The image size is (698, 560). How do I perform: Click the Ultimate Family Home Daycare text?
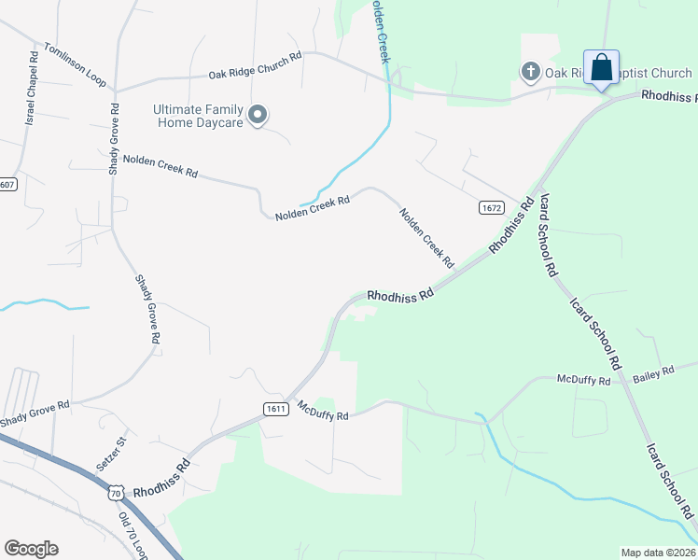point(198,116)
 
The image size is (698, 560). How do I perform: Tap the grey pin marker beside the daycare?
point(258,115)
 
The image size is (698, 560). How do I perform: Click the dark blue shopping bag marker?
point(602,68)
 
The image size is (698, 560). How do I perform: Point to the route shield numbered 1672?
point(492,206)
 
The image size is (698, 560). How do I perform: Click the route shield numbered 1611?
point(275,408)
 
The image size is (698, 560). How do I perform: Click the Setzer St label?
point(109,453)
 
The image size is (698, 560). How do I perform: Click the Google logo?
point(31,548)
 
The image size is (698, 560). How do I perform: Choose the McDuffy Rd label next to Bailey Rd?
point(583,380)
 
